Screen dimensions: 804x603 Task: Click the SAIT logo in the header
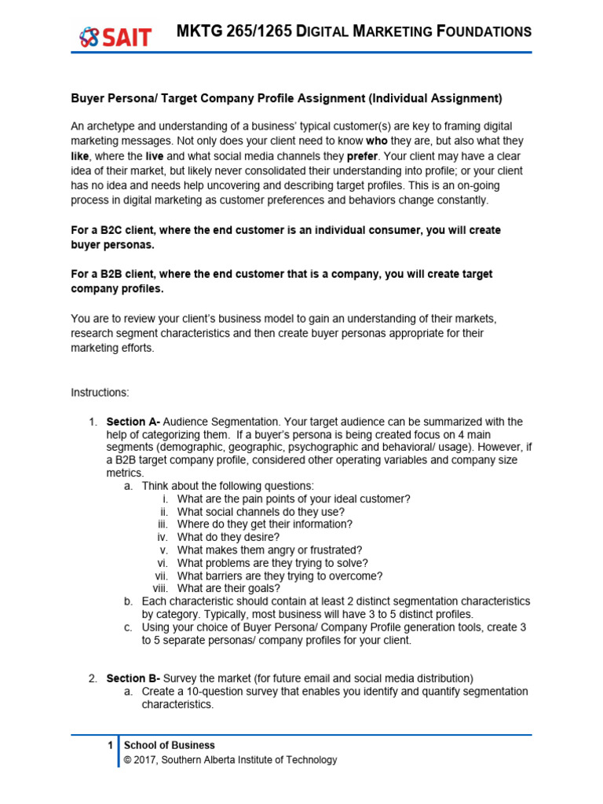click(115, 35)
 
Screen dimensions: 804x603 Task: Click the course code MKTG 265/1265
click(234, 31)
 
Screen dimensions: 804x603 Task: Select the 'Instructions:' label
click(100, 392)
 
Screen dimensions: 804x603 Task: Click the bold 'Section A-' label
click(133, 422)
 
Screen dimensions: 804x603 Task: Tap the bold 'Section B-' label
click(133, 678)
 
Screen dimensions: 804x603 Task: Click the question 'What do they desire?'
click(228, 537)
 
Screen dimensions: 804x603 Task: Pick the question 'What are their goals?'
click(228, 588)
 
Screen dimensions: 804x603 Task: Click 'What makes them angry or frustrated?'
click(269, 550)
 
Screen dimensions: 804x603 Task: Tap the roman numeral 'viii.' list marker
click(160, 588)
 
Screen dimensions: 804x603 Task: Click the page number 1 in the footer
click(111, 745)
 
